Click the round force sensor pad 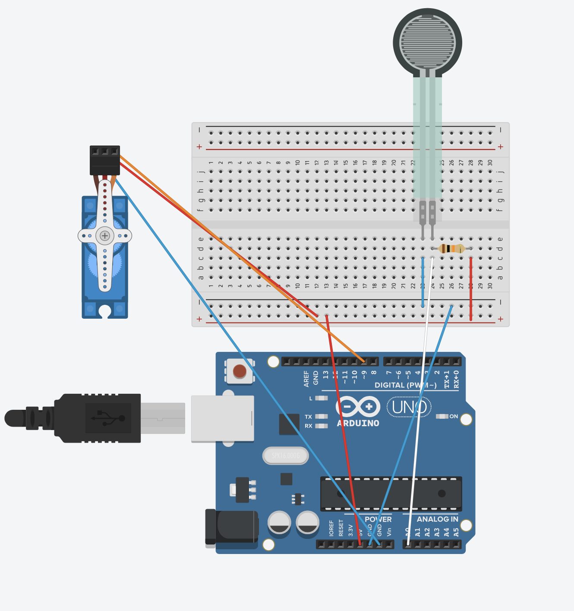coord(427,42)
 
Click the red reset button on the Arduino coord(240,371)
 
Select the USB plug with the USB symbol coord(104,418)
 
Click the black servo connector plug coord(105,161)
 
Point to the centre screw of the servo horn coord(105,236)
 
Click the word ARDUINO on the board coord(358,424)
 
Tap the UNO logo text coord(409,407)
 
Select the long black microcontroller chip coord(391,494)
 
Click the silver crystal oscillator coord(285,456)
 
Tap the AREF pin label coord(306,378)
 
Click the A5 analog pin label coord(456,532)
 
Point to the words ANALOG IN coord(437,519)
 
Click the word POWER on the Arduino coord(378,519)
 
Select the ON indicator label coord(454,416)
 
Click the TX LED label coord(308,417)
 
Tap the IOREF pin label coord(331,528)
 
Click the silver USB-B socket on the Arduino coord(222,418)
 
